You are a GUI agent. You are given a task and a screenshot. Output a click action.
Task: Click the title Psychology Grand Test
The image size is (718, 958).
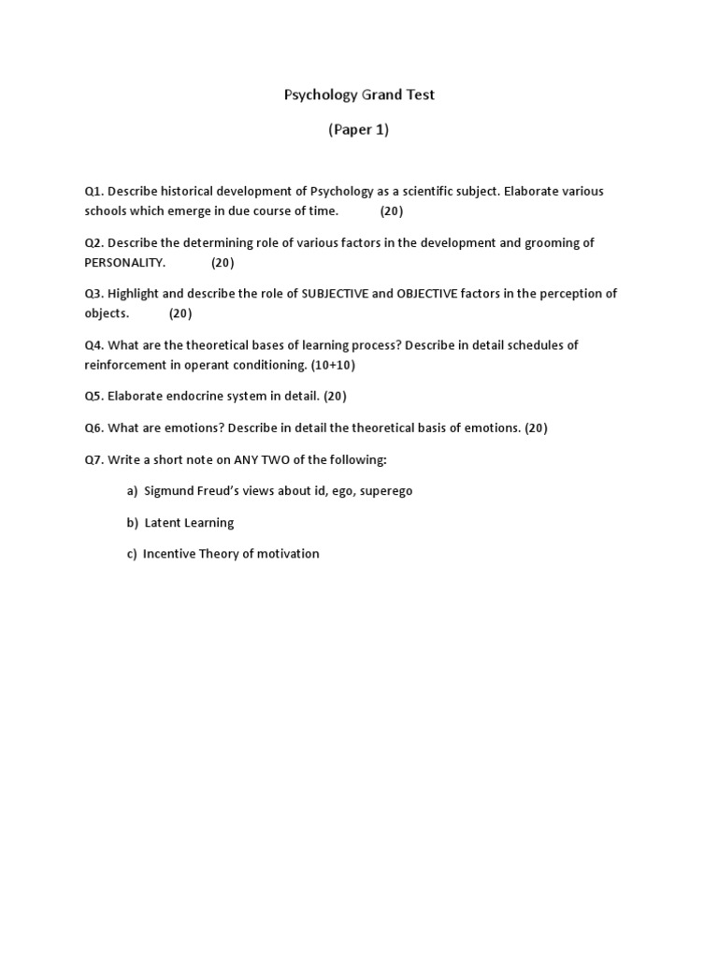coord(359,94)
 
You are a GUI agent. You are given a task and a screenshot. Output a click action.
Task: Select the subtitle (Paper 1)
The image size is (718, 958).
coord(358,130)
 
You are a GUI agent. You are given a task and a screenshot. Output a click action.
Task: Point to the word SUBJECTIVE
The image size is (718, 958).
coord(335,294)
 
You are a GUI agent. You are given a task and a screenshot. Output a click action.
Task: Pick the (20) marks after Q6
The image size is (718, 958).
coord(536,428)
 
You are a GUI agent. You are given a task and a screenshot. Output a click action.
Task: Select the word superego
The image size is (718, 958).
coord(386,491)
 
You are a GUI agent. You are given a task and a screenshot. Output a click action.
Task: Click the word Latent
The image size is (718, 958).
coord(163,523)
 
